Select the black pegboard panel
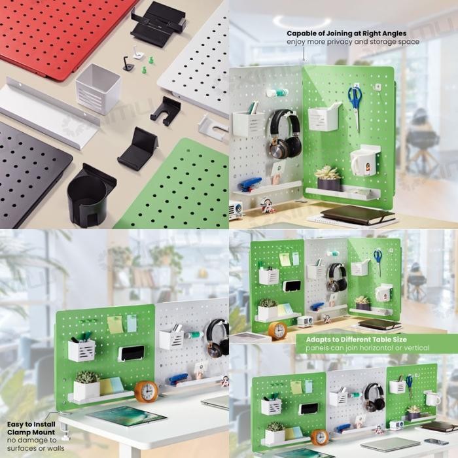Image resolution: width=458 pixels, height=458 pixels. tap(29, 170)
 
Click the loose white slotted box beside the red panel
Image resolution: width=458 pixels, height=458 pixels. tap(98, 88)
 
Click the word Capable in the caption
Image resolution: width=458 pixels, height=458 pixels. tap(304, 33)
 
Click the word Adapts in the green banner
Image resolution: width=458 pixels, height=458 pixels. tap(311, 340)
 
